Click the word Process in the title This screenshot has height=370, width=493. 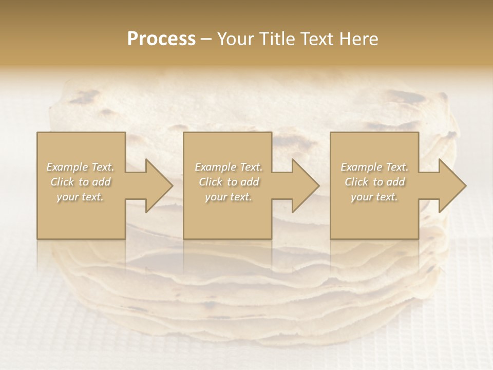click(x=161, y=39)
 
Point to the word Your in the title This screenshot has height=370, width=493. click(x=236, y=39)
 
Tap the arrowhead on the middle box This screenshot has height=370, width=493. click(x=305, y=186)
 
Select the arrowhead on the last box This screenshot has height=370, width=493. click(x=452, y=186)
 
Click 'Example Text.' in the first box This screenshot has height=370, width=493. click(x=81, y=167)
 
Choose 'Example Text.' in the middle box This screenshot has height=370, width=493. click(x=228, y=167)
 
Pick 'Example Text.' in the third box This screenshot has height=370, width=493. click(x=374, y=167)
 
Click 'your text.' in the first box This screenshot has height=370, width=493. click(x=80, y=197)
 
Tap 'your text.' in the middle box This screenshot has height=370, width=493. click(x=228, y=197)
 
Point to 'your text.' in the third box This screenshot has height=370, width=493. click(x=374, y=197)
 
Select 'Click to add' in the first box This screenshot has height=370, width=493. click(x=81, y=182)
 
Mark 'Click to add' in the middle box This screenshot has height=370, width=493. click(x=228, y=182)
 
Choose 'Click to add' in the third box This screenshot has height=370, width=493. click(x=374, y=182)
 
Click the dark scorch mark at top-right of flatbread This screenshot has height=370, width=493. click(x=411, y=98)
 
